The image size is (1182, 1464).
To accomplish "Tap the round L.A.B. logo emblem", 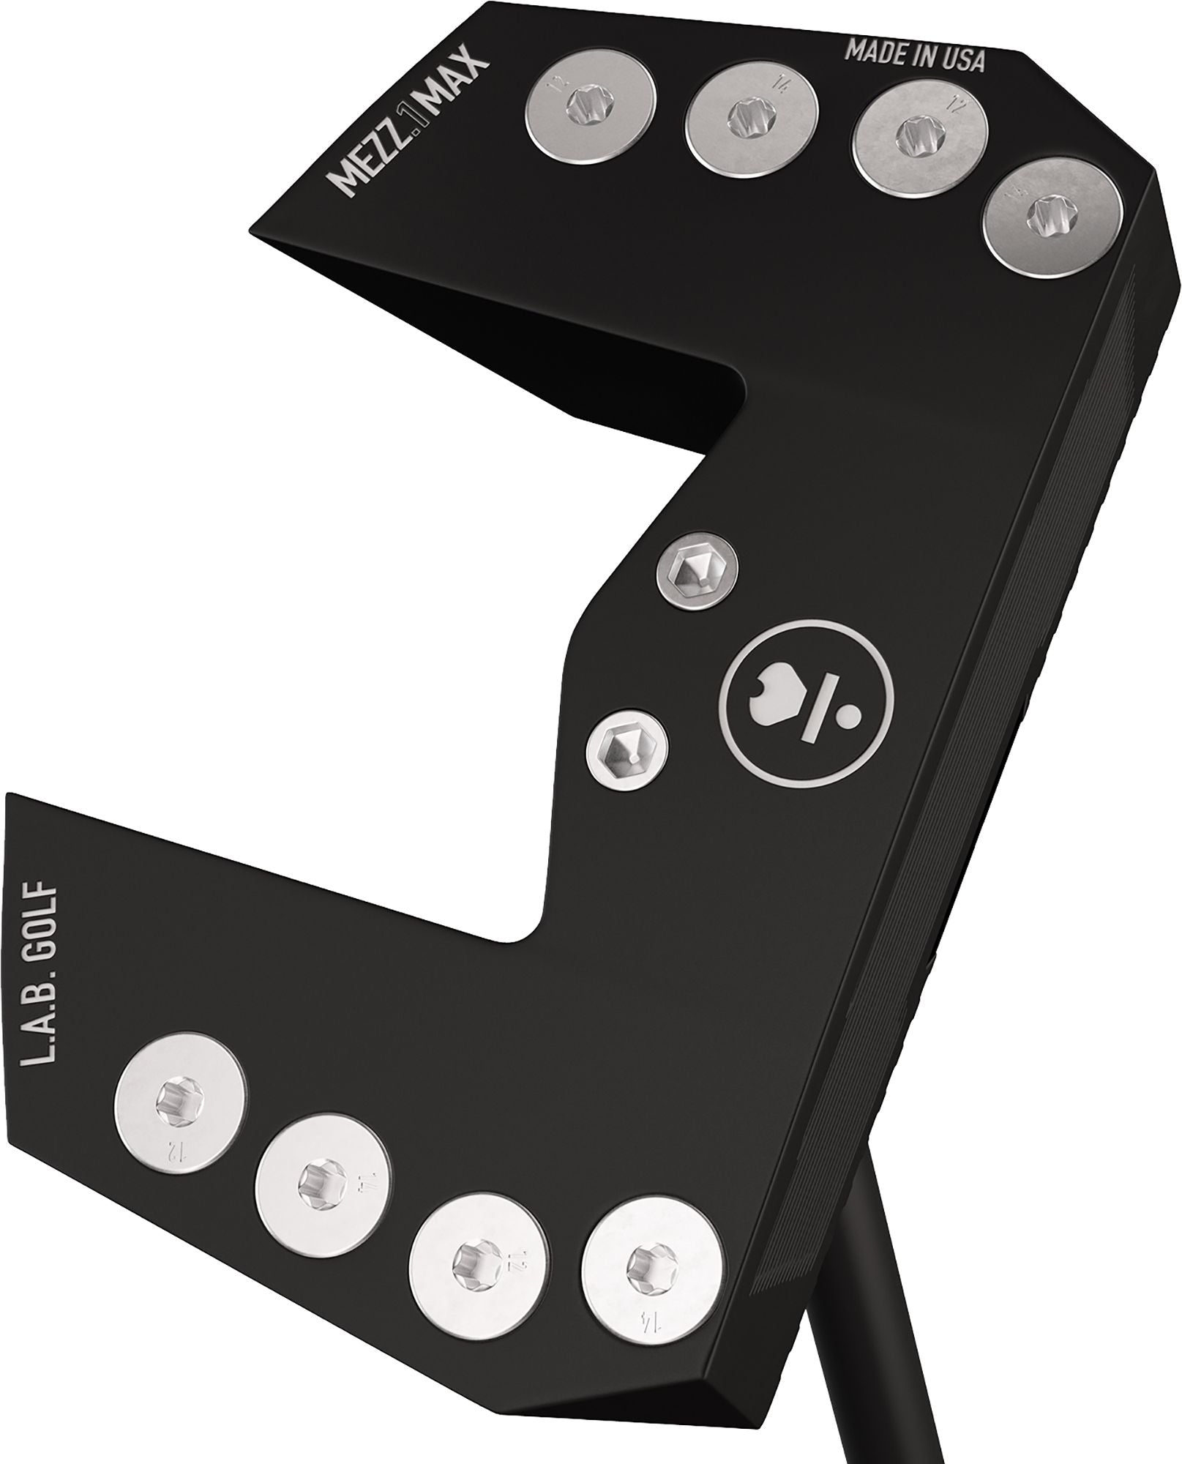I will [807, 694].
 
